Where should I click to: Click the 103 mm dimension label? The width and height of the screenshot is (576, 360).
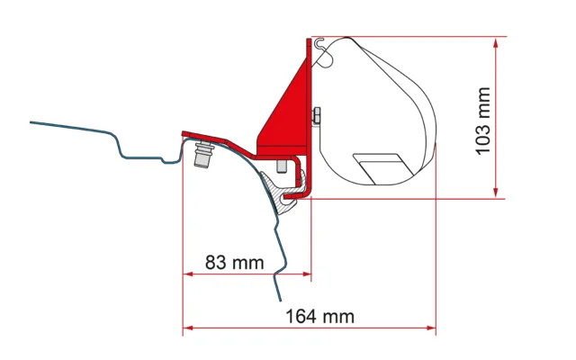coord(483,121)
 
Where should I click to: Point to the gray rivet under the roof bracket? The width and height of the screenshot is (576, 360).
coord(201,157)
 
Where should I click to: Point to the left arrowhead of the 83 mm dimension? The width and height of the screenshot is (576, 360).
coord(186,274)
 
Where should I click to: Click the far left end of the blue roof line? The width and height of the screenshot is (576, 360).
coord(31,121)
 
